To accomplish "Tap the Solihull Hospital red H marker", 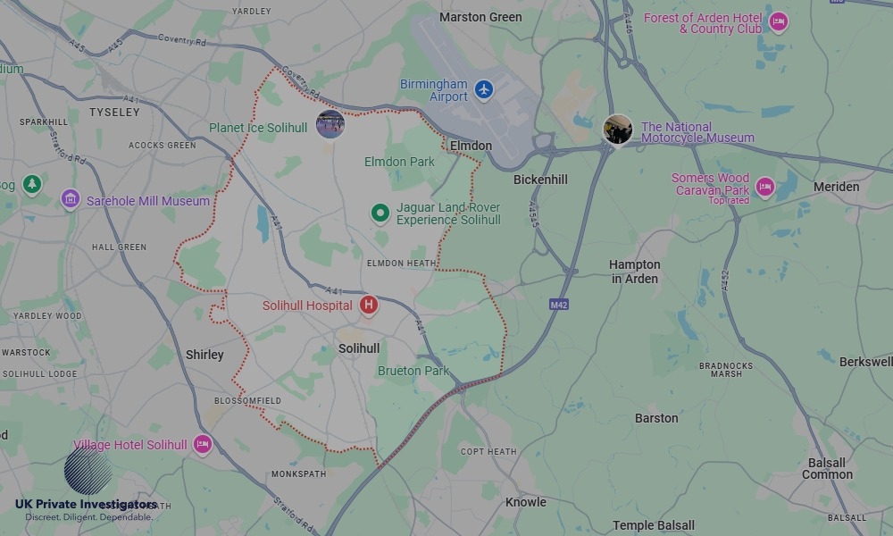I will click(368, 306).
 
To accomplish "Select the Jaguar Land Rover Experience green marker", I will click(380, 214).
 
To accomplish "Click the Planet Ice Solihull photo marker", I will click(330, 124).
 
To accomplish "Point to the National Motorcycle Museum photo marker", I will click(618, 130).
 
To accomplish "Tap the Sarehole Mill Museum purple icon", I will click(70, 199).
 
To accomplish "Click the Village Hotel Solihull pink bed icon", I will click(203, 444).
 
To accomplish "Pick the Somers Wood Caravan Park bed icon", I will click(764, 186).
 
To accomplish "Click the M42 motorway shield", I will click(559, 306).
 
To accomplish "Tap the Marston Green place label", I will click(481, 17).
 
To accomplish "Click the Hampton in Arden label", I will click(634, 272).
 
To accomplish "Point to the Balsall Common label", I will click(827, 469).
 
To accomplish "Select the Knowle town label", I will click(525, 502).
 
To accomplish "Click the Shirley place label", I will click(204, 355).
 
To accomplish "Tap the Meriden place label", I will click(836, 187).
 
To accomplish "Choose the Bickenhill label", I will click(540, 180).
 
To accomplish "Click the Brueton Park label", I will click(413, 371).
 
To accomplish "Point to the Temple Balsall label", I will click(653, 526).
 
